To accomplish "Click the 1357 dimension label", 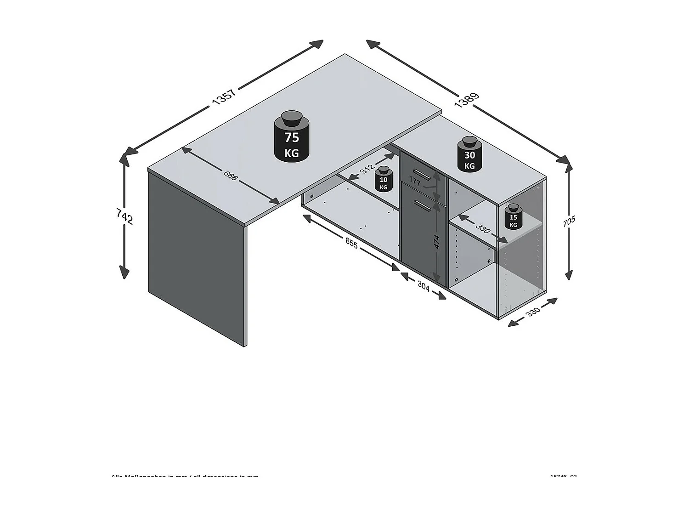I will (224, 97).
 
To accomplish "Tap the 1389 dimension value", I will (467, 100).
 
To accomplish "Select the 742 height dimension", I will (124, 216).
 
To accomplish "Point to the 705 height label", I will (569, 222).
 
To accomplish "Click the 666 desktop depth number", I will (230, 175).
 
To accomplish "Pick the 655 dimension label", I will (351, 244).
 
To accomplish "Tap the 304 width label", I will (423, 286).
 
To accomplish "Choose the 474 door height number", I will (437, 242).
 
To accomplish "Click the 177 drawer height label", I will (414, 182).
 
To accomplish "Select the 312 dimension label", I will (367, 170).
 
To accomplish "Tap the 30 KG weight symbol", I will (469, 154).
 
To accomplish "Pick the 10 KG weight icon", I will (383, 179).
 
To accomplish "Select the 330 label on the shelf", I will (483, 228).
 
